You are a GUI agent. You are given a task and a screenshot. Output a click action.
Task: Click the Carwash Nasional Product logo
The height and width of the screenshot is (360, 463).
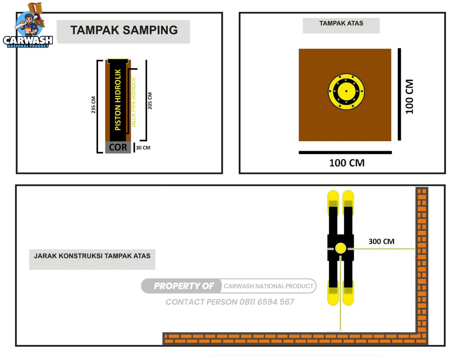(x=28, y=27)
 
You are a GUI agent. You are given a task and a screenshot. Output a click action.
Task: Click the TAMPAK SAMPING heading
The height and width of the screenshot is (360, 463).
(x=124, y=30)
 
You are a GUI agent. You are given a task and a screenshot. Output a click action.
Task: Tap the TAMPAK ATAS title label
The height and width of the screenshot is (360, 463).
(x=341, y=23)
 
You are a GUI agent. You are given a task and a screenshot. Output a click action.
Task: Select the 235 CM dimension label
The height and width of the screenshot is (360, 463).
(x=93, y=105)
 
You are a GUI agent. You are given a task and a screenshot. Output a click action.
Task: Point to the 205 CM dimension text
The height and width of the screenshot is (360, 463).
(x=150, y=101)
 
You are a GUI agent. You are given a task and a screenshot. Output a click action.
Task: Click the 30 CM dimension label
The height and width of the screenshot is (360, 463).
(x=143, y=147)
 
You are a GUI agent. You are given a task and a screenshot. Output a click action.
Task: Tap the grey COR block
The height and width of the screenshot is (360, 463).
(x=118, y=147)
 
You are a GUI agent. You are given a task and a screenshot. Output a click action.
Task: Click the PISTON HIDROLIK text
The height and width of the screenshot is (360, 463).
(x=118, y=100)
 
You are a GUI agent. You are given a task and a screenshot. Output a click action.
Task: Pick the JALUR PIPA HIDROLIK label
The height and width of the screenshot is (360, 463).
(x=134, y=102)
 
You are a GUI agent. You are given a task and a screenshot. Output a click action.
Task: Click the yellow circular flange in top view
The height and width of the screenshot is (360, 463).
(x=346, y=91)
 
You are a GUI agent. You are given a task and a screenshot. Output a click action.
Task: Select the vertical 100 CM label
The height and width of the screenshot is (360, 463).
(x=409, y=97)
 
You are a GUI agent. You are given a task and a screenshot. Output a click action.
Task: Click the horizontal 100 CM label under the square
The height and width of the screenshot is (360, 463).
(x=347, y=163)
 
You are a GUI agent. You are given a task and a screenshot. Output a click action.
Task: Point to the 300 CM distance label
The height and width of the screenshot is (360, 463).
(x=381, y=241)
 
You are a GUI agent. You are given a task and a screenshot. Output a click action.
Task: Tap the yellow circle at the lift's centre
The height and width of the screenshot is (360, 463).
(x=340, y=248)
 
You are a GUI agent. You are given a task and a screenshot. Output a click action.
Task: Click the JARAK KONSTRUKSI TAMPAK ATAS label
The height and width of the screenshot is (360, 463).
(x=92, y=256)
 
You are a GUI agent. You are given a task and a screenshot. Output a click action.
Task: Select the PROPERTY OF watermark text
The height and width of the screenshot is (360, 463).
(x=184, y=286)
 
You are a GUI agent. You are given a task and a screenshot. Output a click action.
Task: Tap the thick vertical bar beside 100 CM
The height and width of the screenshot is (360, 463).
(x=399, y=94)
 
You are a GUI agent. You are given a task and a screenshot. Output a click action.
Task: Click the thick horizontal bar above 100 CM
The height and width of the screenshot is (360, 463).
(x=345, y=153)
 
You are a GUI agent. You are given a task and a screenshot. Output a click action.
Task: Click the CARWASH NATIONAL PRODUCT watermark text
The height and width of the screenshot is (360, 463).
(x=268, y=286)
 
